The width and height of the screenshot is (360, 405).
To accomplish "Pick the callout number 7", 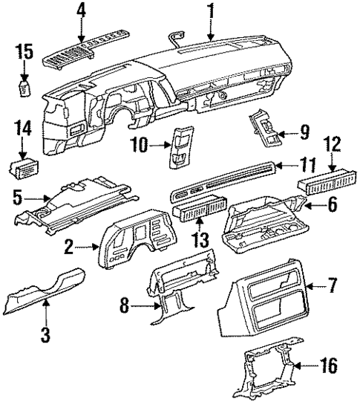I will (332, 284).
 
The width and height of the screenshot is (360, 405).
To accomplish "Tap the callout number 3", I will (46, 334).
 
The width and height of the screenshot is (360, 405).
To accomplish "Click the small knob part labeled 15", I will (25, 87).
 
